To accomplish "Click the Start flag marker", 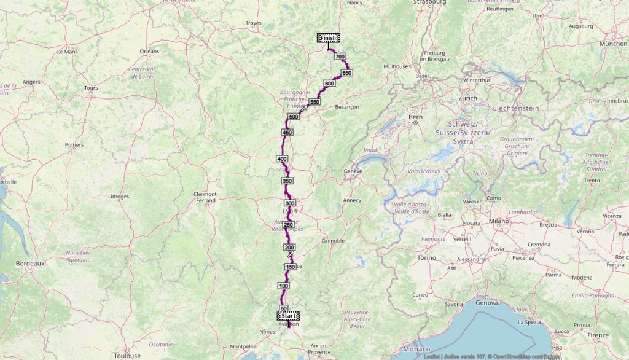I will pos(289,316).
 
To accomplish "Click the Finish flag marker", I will pos(327,37).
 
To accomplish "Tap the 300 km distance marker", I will pos(290,203).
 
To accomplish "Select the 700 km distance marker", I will pos(340,57).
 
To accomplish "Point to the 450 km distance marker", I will pos(286,133).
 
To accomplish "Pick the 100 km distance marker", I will pos(283,286).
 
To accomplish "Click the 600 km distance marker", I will pos(329,84).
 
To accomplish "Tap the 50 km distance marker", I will pos(283,308).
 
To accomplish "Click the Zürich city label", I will pos(467,98).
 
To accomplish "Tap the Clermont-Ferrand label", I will pos(205,197).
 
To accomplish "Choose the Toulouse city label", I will pos(128,355).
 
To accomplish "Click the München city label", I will pos(613,44).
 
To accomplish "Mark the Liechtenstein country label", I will pos(515,108).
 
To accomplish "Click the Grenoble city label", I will pos(334,240).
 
